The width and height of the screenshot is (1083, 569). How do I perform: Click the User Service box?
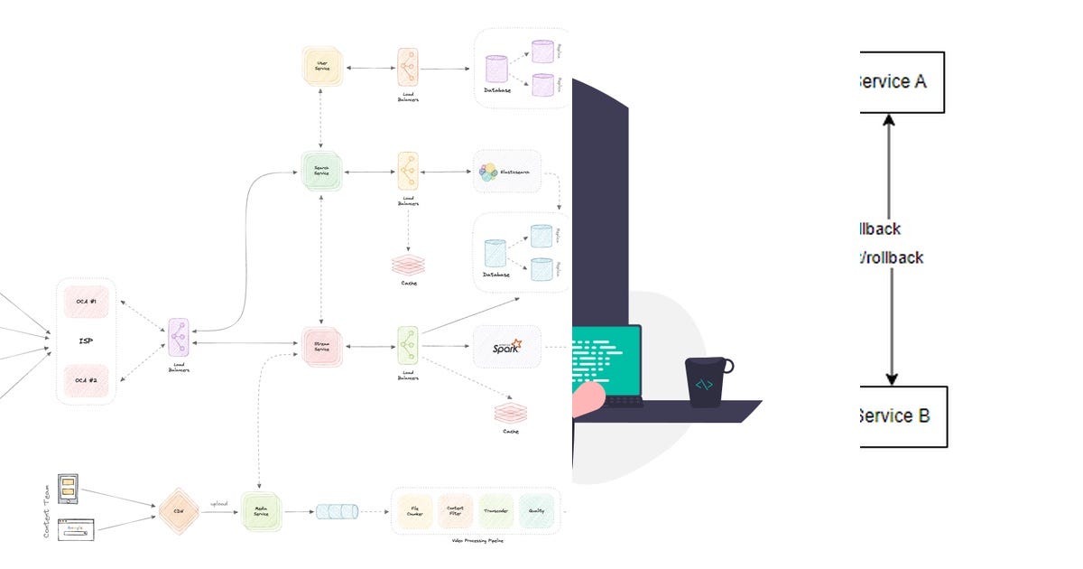[x=322, y=68]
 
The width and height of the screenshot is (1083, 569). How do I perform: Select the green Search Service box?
[x=322, y=169]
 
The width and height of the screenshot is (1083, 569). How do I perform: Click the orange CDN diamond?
[x=178, y=512]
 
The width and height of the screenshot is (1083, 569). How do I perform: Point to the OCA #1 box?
[x=87, y=302]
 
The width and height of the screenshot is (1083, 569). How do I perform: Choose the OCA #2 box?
[x=87, y=380]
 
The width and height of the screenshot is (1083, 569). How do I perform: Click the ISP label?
[x=87, y=341]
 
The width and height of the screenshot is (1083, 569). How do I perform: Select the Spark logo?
[x=506, y=346]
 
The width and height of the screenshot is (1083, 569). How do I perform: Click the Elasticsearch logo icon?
[x=488, y=172]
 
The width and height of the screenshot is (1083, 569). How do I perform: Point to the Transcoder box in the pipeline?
[x=496, y=511]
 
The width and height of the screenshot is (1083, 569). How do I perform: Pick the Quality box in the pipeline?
[x=537, y=511]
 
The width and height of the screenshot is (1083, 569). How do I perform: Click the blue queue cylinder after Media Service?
[x=337, y=512]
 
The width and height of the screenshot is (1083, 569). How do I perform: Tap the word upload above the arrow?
[x=219, y=504]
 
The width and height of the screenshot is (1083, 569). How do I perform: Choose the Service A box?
[x=899, y=82]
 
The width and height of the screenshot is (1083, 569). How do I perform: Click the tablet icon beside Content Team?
[x=68, y=489]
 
